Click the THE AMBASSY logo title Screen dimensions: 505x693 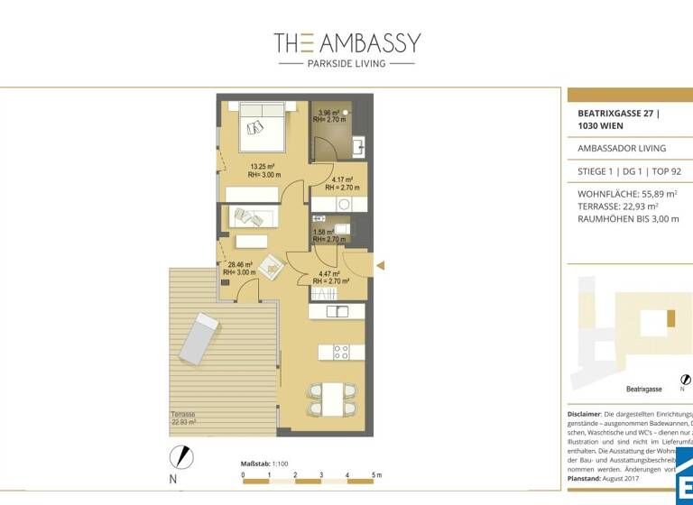pyautogui.click(x=346, y=42)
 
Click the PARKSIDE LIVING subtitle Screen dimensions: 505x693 pyautogui.click(x=346, y=64)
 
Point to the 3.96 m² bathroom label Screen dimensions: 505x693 pyautogui.click(x=330, y=115)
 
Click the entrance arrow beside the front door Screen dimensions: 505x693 pyautogui.click(x=380, y=265)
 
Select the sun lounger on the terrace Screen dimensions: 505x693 pyautogui.click(x=198, y=337)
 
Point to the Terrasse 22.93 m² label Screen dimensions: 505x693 pyautogui.click(x=184, y=418)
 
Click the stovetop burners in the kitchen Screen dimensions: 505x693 pyautogui.click(x=342, y=350)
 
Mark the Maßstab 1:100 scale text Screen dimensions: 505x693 pyautogui.click(x=264, y=464)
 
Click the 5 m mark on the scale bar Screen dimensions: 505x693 pyautogui.click(x=374, y=474)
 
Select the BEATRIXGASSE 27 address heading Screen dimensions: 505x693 pyautogui.click(x=618, y=119)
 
